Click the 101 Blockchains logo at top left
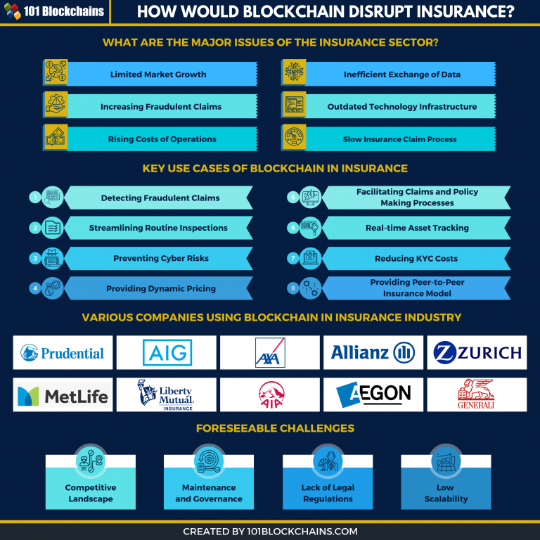54,11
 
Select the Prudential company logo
63,353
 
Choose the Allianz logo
373,353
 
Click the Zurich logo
477,353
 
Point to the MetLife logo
63,395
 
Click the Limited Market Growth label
158,75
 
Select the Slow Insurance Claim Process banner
399,139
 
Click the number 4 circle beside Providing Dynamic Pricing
34,288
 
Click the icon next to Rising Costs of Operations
56,138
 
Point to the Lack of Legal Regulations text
328,493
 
